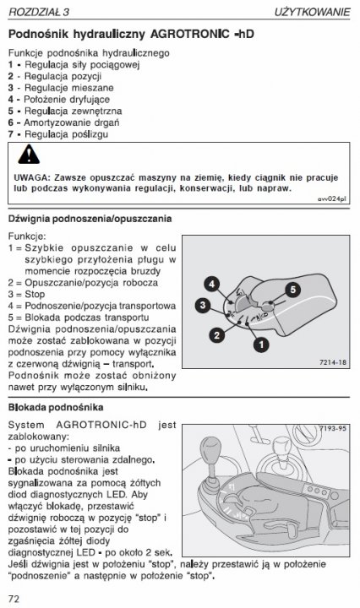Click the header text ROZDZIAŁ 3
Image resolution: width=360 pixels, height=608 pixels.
click(x=39, y=11)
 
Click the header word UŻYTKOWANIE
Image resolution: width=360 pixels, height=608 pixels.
click(x=312, y=11)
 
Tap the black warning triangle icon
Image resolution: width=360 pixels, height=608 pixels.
click(x=30, y=155)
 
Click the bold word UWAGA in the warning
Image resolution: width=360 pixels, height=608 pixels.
click(x=31, y=178)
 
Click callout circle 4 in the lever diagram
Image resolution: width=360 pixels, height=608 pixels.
click(x=213, y=284)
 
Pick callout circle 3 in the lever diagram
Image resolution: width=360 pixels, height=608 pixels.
click(x=204, y=305)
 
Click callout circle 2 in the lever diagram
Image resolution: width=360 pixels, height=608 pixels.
click(x=217, y=335)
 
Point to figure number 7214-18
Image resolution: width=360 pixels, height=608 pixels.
click(x=333, y=362)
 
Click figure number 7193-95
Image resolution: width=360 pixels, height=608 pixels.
click(x=333, y=429)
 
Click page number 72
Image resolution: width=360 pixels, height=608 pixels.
click(x=14, y=598)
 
